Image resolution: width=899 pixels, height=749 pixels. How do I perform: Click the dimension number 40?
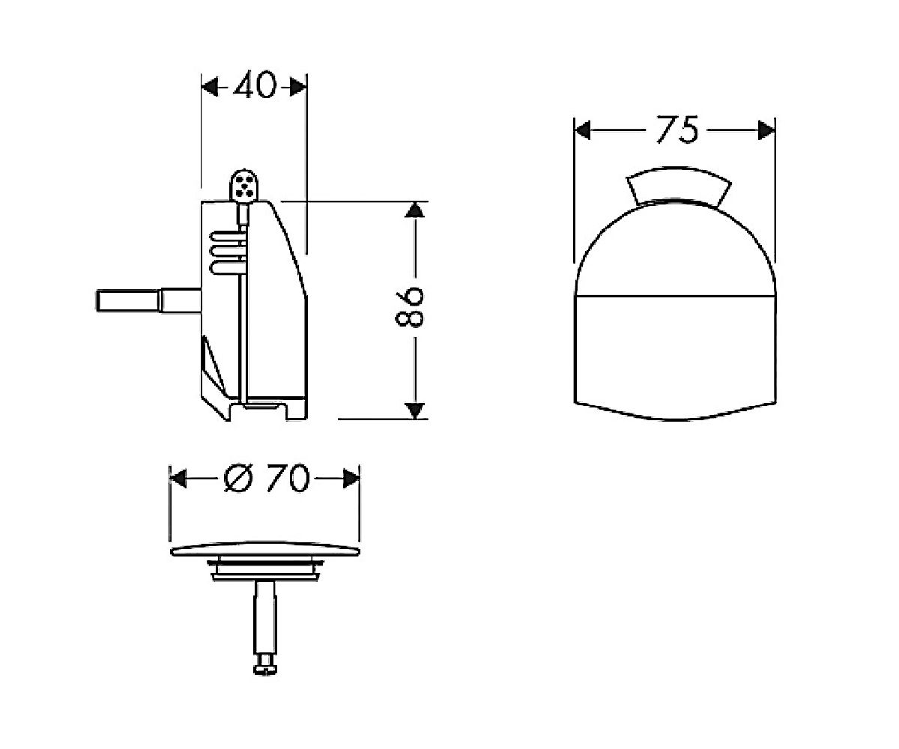pyautogui.click(x=255, y=85)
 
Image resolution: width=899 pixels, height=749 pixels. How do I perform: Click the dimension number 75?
pyautogui.click(x=676, y=129)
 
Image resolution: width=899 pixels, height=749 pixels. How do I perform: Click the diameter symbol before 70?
pyautogui.click(x=238, y=478)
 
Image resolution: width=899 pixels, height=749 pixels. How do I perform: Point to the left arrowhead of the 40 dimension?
pyautogui.click(x=210, y=88)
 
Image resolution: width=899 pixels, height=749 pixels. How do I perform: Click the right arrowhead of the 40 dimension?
pyautogui.click(x=298, y=88)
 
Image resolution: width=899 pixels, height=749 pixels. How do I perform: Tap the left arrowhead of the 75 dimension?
pyautogui.click(x=583, y=130)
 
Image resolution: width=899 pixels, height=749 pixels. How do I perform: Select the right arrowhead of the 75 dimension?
pyautogui.click(x=766, y=130)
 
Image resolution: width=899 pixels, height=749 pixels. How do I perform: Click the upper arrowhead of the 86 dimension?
pyautogui.click(x=414, y=210)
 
